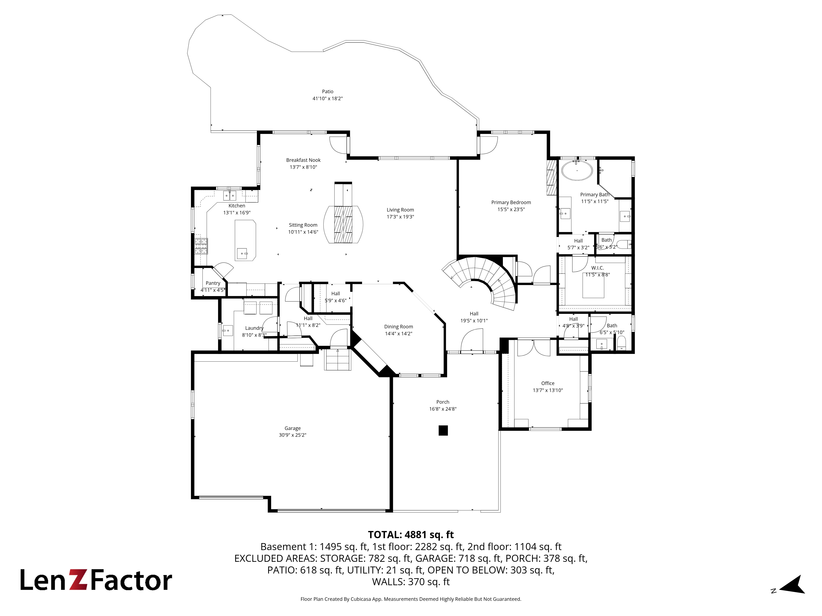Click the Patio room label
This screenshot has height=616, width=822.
click(327, 91)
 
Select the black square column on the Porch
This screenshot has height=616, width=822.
click(443, 430)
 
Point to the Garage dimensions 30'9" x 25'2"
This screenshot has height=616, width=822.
click(292, 435)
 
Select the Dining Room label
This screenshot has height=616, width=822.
click(398, 327)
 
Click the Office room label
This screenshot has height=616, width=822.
click(548, 383)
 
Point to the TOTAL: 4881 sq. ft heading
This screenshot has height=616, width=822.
click(411, 535)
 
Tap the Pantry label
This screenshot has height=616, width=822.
click(213, 283)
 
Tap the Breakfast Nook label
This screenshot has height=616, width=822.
click(303, 160)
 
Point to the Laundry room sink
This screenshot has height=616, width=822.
click(227, 330)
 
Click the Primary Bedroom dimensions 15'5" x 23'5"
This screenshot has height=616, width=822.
click(511, 209)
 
